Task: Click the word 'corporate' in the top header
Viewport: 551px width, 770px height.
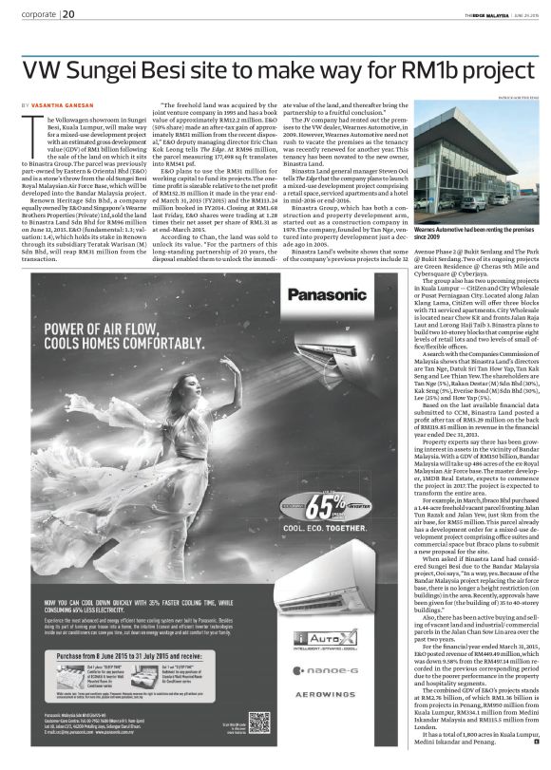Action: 38,14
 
